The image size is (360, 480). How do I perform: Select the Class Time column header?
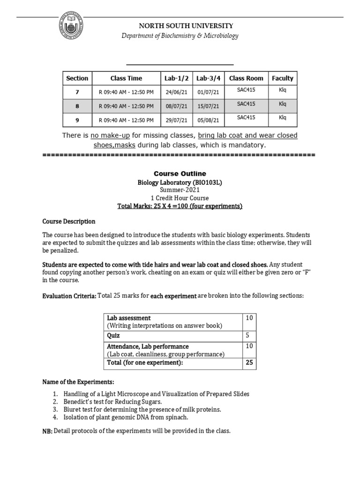pyautogui.click(x=126, y=78)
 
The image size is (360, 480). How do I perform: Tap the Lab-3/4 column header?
pyautogui.click(x=208, y=78)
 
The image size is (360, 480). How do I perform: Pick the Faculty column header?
pyautogui.click(x=282, y=78)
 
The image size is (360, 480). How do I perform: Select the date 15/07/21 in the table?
pyautogui.click(x=208, y=106)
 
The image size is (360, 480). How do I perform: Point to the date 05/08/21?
pyautogui.click(x=208, y=120)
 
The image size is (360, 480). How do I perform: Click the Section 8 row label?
pyautogui.click(x=77, y=106)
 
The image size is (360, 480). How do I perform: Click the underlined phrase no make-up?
pyautogui.click(x=110, y=136)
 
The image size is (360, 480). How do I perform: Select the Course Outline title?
pyautogui.click(x=180, y=174)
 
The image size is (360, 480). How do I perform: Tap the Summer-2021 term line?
pyautogui.click(x=180, y=190)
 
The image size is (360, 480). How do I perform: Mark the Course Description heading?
pyautogui.click(x=69, y=221)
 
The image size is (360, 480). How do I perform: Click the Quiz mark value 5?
pyautogui.click(x=247, y=336)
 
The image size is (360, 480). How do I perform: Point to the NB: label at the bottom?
pyautogui.click(x=48, y=431)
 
